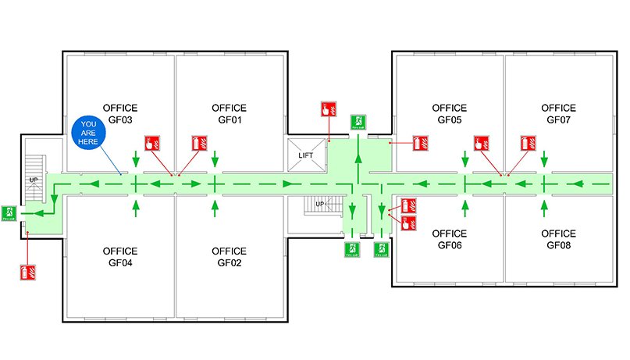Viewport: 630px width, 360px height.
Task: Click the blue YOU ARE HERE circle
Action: tap(88, 133)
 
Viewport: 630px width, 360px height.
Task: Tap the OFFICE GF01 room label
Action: tap(229, 114)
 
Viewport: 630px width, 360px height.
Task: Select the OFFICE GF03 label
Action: tap(120, 114)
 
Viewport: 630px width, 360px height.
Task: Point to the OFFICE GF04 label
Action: tap(120, 257)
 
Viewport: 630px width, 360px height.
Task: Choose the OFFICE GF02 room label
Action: tap(229, 257)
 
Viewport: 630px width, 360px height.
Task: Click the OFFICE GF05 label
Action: tap(449, 114)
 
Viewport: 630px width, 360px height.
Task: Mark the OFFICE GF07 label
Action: tap(558, 114)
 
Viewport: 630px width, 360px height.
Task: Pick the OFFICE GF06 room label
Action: tap(449, 239)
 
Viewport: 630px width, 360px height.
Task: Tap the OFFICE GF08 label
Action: tap(558, 239)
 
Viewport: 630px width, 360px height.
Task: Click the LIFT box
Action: tap(305, 155)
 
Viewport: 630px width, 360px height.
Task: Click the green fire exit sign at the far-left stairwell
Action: tap(9, 212)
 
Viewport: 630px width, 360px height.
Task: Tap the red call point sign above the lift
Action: tap(328, 109)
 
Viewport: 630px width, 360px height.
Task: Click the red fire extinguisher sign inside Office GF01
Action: tap(199, 143)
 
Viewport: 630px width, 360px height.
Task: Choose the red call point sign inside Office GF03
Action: tap(152, 143)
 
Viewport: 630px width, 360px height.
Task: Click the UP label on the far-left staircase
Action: tap(34, 180)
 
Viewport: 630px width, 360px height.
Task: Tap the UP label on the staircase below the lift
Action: tap(320, 204)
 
